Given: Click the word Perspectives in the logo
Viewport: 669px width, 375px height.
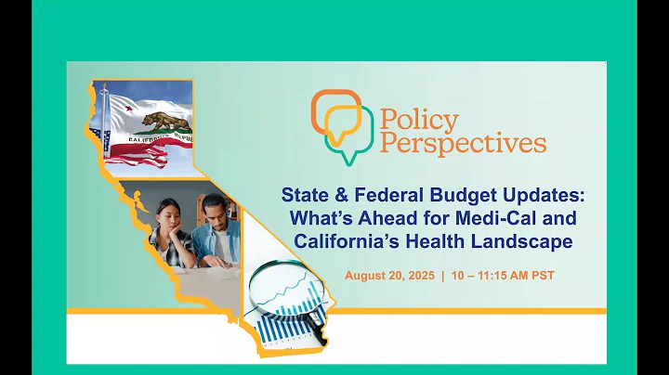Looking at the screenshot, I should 462,143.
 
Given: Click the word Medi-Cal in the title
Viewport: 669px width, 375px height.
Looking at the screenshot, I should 486,219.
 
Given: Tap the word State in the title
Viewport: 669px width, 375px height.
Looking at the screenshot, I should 307,196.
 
